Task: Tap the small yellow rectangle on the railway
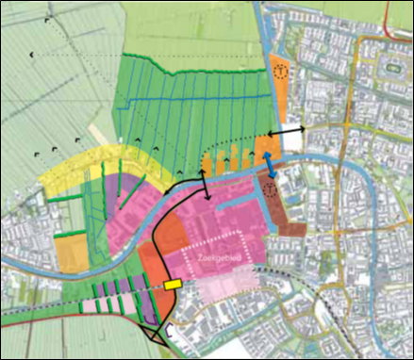pyautogui.click(x=173, y=283)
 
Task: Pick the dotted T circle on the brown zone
pyautogui.click(x=272, y=189)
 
